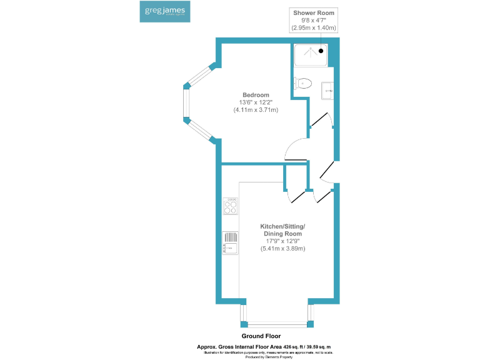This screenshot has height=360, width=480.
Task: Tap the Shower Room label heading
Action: pos(314,12)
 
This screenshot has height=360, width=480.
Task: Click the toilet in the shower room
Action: pos(302,84)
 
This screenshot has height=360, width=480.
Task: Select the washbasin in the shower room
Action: pos(327,91)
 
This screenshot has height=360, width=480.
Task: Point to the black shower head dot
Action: pos(321,51)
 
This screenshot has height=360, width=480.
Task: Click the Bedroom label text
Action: pos(256,95)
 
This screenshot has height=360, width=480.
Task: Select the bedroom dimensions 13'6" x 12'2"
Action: pos(256,102)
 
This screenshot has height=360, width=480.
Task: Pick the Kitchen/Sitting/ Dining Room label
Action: pos(282,229)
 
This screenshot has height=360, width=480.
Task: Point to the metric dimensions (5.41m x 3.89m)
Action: pos(282,249)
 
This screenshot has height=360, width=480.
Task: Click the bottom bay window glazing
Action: pos(276,324)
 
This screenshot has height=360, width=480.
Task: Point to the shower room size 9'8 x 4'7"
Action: pos(314,20)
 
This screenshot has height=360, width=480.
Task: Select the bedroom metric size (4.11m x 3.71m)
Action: pos(256,110)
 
